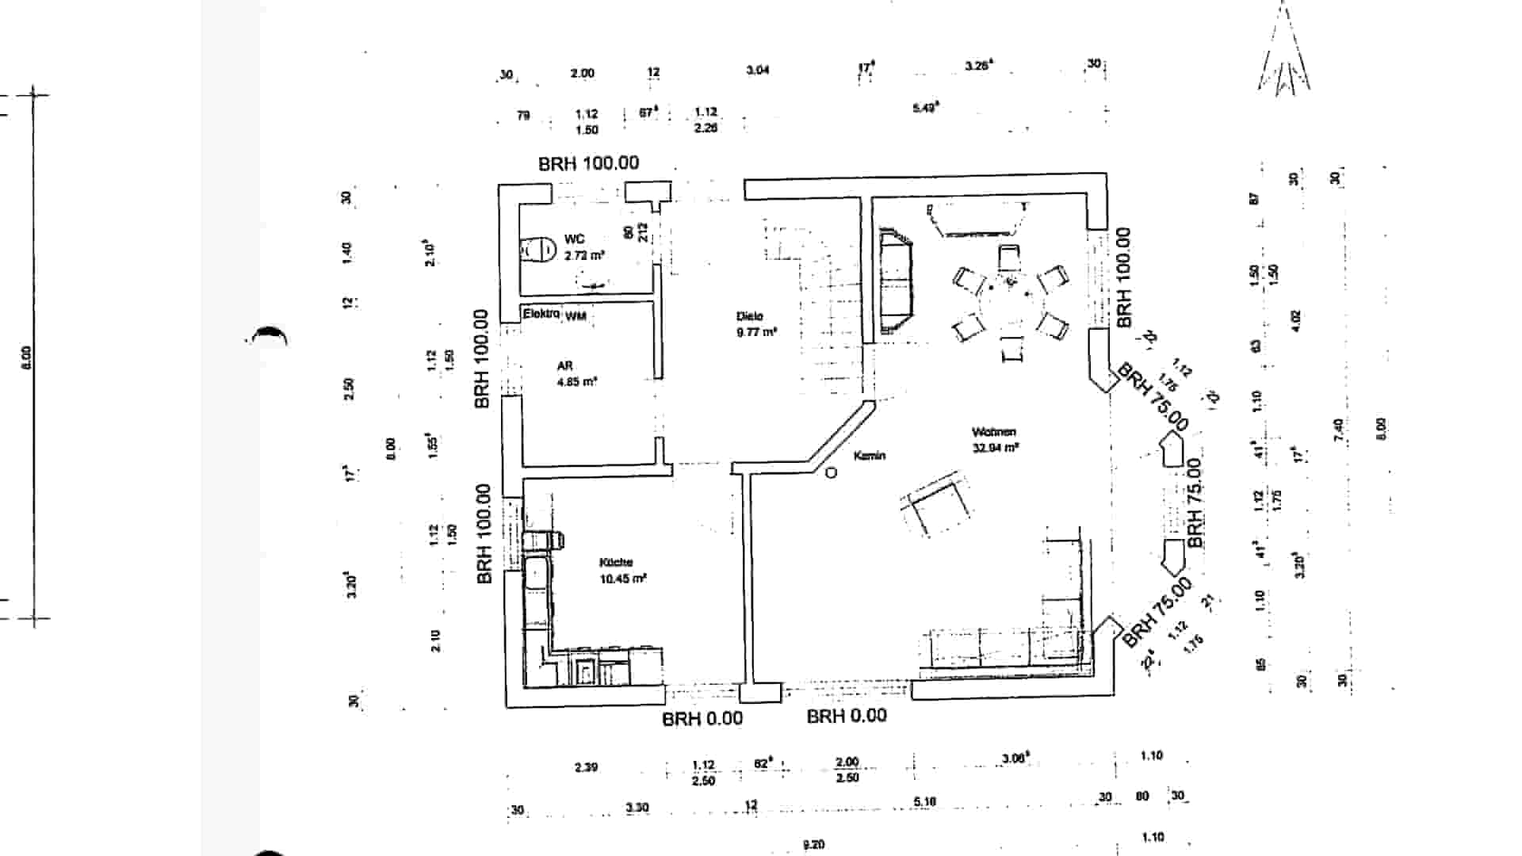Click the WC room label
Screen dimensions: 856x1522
575,239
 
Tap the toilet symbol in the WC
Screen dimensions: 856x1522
539,250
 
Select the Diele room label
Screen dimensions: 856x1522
749,316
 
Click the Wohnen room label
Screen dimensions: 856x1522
994,432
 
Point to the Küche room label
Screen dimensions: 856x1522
616,562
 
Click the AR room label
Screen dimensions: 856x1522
564,365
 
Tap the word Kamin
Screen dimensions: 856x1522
870,456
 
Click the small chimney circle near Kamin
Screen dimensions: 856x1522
832,473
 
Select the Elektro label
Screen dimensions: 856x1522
541,314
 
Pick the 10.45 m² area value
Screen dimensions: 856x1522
623,579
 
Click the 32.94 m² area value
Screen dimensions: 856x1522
996,448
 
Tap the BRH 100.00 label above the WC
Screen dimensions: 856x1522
588,163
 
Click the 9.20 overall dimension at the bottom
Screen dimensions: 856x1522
813,844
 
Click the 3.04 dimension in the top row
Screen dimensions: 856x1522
758,71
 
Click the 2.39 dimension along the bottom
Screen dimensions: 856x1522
586,767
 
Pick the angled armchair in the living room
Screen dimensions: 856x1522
939,505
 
